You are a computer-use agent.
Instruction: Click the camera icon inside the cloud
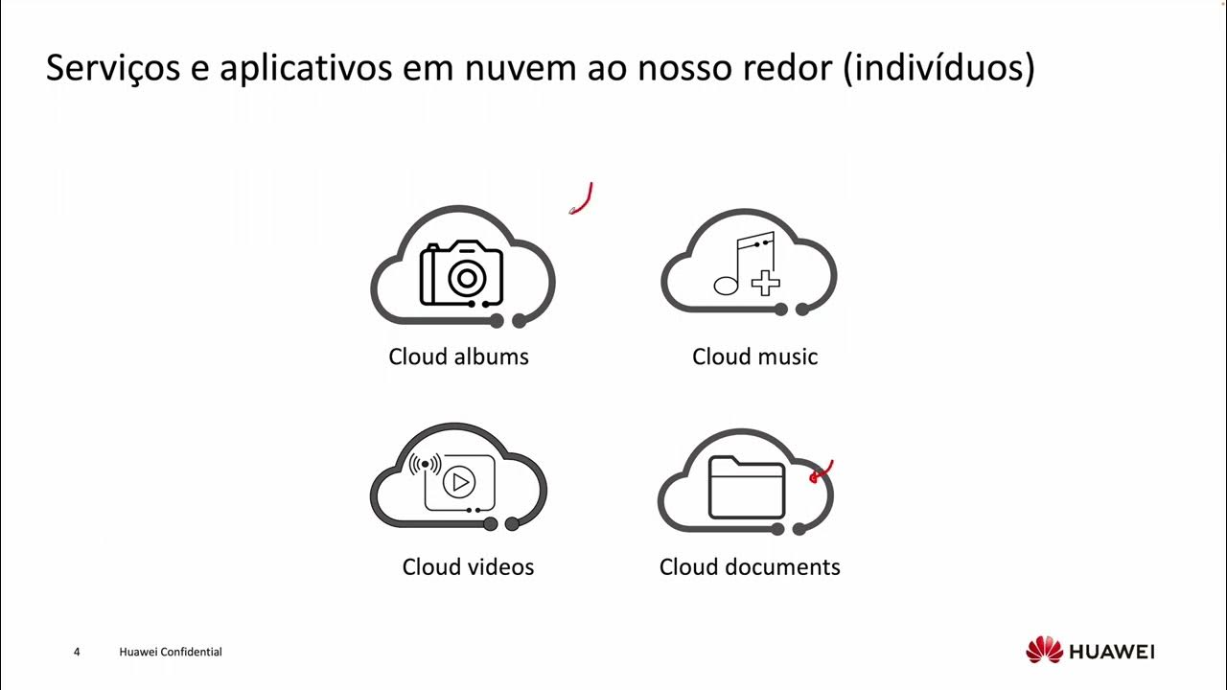coord(461,273)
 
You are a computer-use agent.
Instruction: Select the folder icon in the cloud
coord(747,487)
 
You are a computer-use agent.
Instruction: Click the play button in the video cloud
coord(459,482)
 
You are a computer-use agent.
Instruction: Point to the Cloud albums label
coord(458,356)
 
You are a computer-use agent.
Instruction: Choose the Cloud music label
coord(754,356)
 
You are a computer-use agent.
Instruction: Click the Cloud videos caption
coord(468,566)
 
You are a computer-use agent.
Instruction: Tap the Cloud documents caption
coord(750,566)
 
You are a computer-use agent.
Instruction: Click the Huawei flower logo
coord(1044,651)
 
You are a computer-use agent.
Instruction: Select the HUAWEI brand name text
coord(1112,652)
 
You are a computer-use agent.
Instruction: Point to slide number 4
coord(77,653)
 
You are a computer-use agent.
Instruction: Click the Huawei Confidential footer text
coord(171,653)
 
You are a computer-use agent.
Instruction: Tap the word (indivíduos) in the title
coord(938,69)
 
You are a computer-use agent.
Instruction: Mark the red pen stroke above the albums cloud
coord(583,199)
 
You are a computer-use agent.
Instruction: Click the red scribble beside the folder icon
coord(822,471)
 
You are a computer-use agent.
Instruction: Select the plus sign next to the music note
coord(765,283)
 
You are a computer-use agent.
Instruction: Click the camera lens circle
coord(466,279)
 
